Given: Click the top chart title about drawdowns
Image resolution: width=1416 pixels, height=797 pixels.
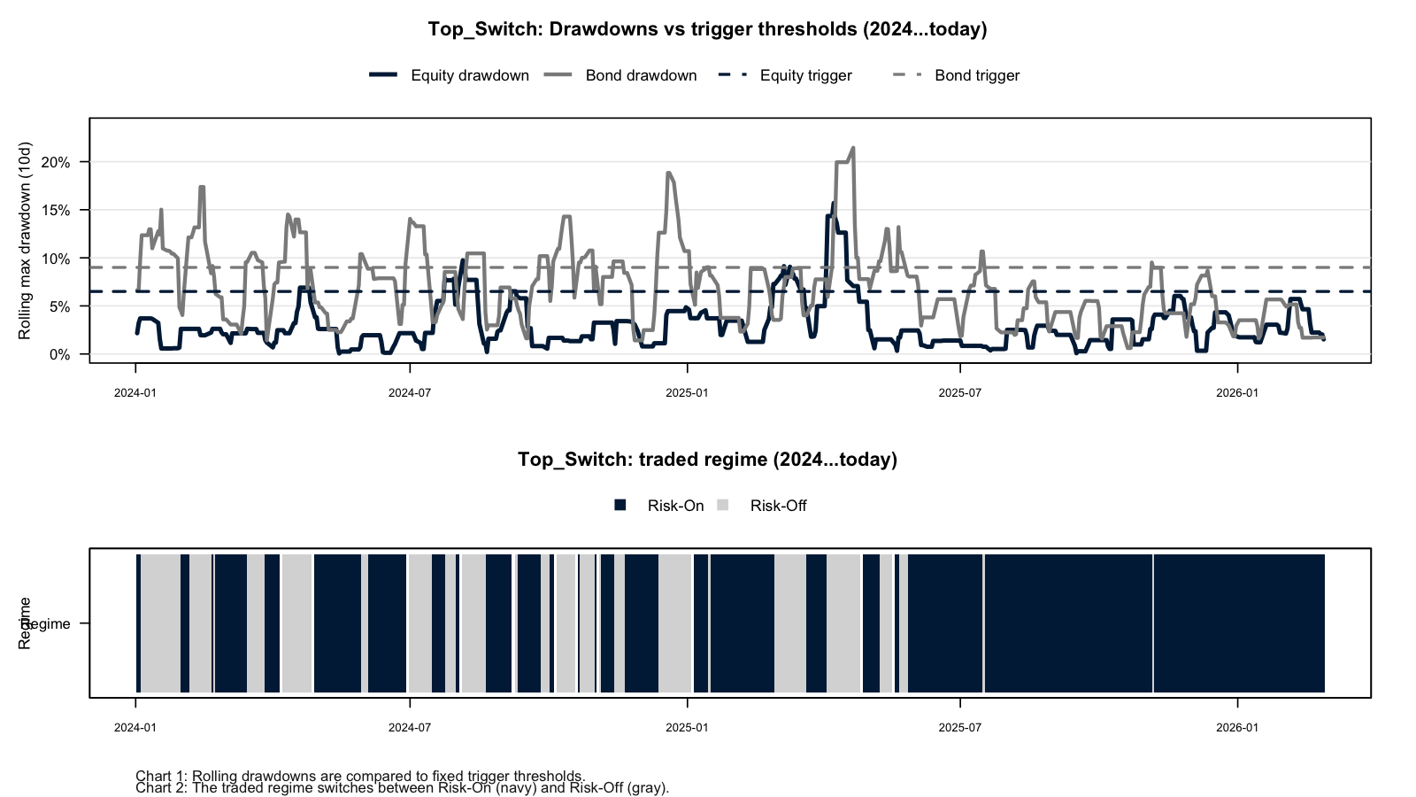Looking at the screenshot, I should tap(707, 29).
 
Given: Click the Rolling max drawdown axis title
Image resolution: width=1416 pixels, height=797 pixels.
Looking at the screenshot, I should tap(25, 240).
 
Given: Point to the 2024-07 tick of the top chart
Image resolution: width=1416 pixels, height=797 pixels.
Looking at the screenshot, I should tap(410, 392).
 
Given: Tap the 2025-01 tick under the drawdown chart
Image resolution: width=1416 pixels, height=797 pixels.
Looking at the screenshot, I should tap(687, 392).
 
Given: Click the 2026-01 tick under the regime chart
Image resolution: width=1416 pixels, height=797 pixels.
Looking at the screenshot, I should tap(1237, 728).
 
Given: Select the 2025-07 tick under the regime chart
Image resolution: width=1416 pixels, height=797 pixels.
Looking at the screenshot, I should tap(960, 728).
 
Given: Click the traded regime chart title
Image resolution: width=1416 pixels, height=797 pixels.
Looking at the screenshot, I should tap(707, 460).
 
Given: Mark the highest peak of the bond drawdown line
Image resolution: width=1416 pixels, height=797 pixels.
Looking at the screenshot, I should tap(852, 148).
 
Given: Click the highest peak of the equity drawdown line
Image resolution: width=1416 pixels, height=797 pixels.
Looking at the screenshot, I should tap(833, 204).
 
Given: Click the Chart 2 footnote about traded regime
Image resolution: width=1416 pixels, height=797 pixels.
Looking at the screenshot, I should tap(403, 788).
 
